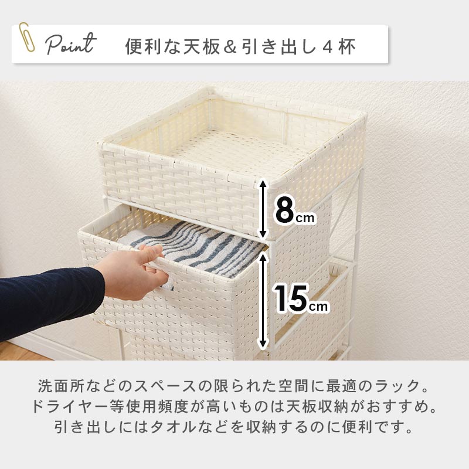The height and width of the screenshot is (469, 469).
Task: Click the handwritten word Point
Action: point(71,45)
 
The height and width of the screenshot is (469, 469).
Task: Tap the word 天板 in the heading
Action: point(202,47)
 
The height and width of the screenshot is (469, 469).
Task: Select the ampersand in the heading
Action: point(230,47)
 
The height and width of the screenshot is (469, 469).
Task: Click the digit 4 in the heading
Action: point(327,47)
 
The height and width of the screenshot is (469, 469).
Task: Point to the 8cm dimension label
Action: point(294,211)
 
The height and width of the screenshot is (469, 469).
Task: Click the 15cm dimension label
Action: point(301,298)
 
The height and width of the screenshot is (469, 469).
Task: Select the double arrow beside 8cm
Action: point(262,209)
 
